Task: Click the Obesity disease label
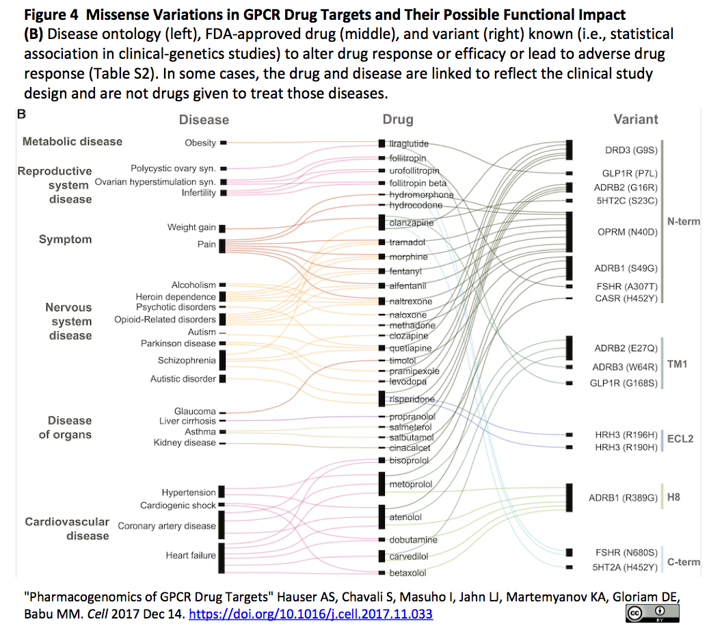click(x=200, y=143)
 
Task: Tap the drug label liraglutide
click(x=409, y=144)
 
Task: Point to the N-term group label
click(x=684, y=221)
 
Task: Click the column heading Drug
click(x=398, y=120)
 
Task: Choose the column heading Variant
click(x=635, y=119)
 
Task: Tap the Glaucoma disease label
click(x=195, y=411)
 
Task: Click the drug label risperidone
click(x=412, y=400)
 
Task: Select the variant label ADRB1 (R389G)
click(x=622, y=497)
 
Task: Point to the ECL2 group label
click(x=680, y=439)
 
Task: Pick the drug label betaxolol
click(x=407, y=573)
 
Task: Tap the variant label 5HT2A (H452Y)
click(x=625, y=566)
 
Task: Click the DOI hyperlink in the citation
click(x=310, y=614)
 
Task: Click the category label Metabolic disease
click(x=72, y=142)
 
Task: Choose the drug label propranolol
click(x=412, y=417)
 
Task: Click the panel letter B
click(x=22, y=114)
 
